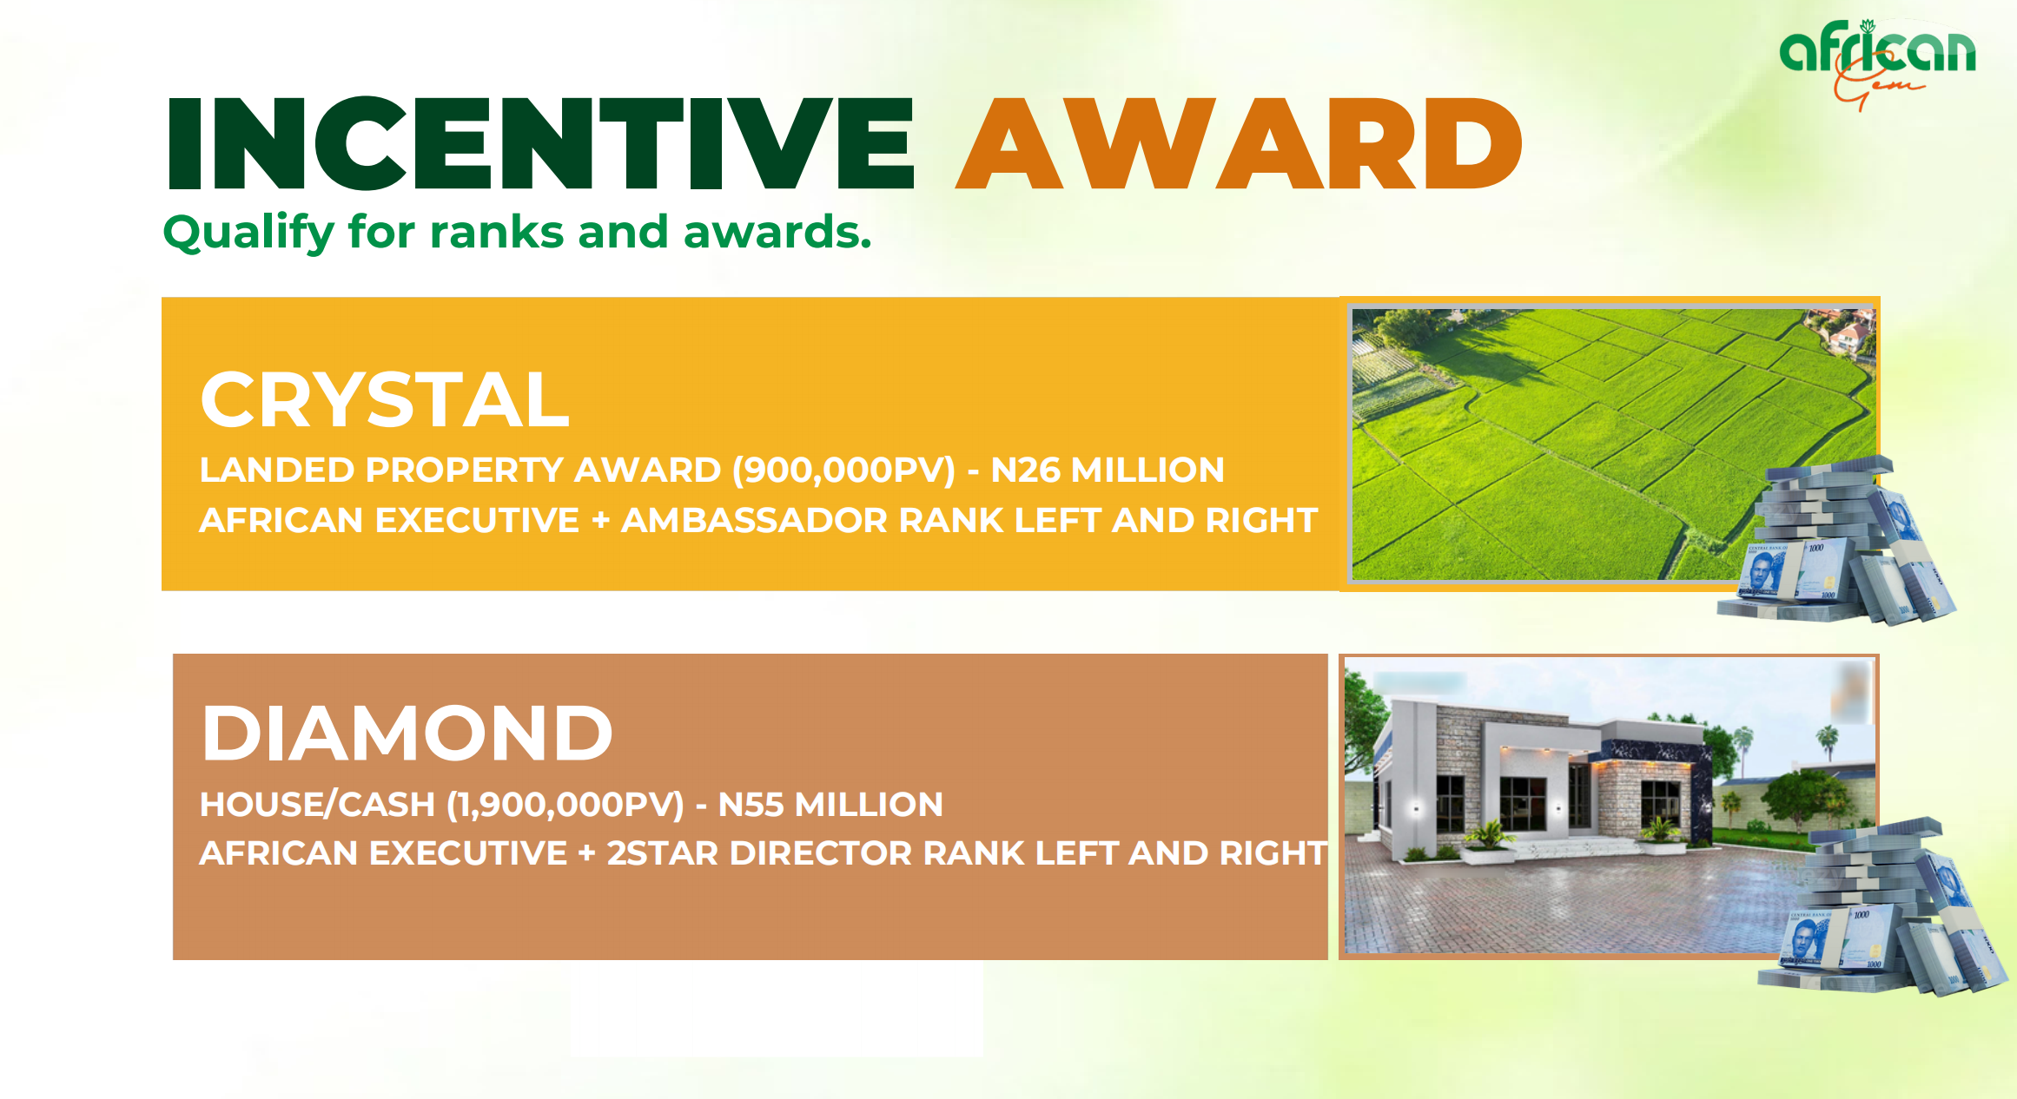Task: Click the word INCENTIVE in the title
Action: [540, 143]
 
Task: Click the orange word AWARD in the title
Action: [1240, 143]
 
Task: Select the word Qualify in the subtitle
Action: [248, 234]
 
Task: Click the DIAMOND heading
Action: [407, 734]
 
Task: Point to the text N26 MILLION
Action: [1108, 470]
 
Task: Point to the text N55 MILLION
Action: [830, 805]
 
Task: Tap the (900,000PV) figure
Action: [843, 471]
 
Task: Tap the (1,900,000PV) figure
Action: [565, 805]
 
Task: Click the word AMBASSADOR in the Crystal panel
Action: [755, 520]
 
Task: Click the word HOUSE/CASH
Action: [317, 805]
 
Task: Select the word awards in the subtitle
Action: [777, 233]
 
